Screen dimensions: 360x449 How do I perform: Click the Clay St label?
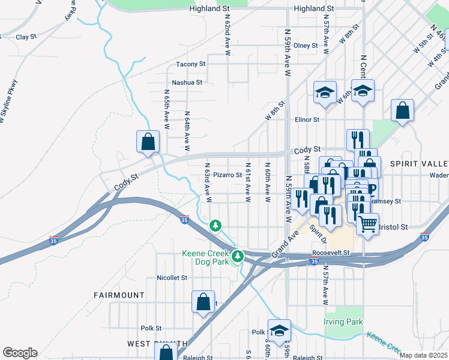[26, 37]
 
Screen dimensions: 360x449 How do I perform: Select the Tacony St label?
[190, 64]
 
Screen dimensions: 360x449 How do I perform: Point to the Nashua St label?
[187, 82]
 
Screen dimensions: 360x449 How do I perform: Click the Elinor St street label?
[306, 119]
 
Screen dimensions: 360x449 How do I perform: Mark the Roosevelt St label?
[330, 254]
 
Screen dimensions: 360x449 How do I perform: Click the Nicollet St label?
[172, 278]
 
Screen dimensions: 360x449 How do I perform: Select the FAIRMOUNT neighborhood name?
[119, 295]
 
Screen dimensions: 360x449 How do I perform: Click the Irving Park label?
[343, 322]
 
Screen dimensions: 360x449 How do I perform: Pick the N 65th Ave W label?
[167, 110]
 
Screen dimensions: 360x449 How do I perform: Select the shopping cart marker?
[368, 224]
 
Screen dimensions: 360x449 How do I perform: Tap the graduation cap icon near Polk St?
[279, 330]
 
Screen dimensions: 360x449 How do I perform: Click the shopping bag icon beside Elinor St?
[402, 110]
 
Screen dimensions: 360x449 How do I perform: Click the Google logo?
[20, 353]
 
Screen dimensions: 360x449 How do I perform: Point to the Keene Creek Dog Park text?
[205, 257]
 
